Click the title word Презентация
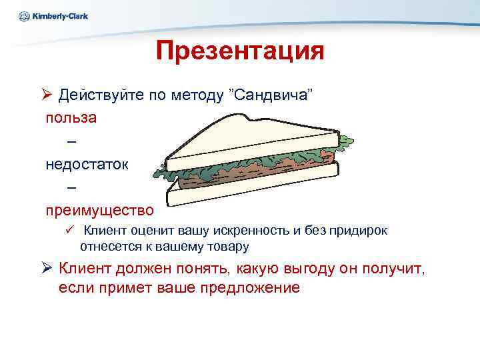coord(240,51)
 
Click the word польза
coord(71,117)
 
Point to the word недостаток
coord(84,163)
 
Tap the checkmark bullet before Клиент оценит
coord(67,230)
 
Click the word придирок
coord(361,231)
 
